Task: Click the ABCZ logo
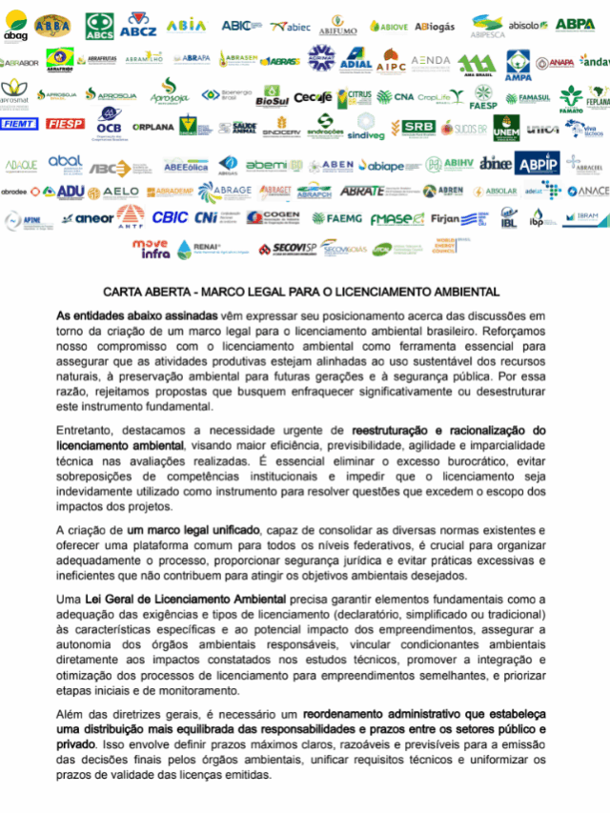pyautogui.click(x=138, y=25)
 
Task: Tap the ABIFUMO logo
pyautogui.click(x=337, y=26)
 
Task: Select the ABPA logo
pyautogui.click(x=576, y=24)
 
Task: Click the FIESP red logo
pyautogui.click(x=65, y=124)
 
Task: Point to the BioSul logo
pyautogui.click(x=272, y=97)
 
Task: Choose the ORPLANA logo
pyautogui.click(x=152, y=127)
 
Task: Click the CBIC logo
pyautogui.click(x=170, y=217)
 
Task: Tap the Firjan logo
pyautogui.click(x=445, y=218)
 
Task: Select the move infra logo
pyautogui.click(x=151, y=250)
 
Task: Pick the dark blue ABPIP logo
pyautogui.click(x=538, y=164)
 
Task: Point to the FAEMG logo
pyautogui.click(x=331, y=218)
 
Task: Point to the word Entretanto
pyautogui.click(x=89, y=431)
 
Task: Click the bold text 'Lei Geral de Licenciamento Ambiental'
pyautogui.click(x=185, y=599)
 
